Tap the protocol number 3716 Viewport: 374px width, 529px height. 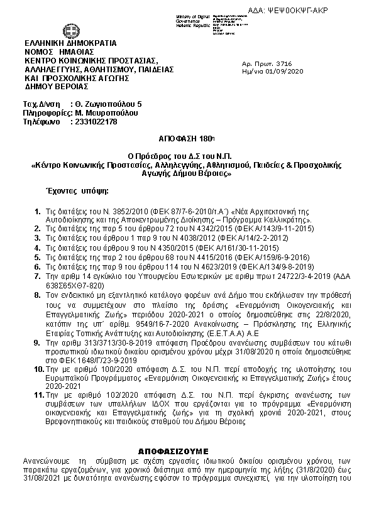coord(284,63)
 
